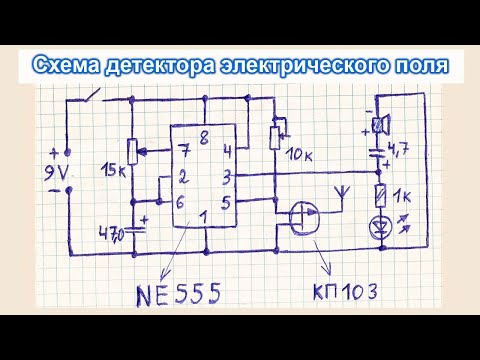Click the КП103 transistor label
pos(359,296)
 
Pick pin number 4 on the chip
pos(228,152)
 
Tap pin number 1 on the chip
pos(205,214)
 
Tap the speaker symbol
pos(380,125)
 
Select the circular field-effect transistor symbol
pos(301,217)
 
